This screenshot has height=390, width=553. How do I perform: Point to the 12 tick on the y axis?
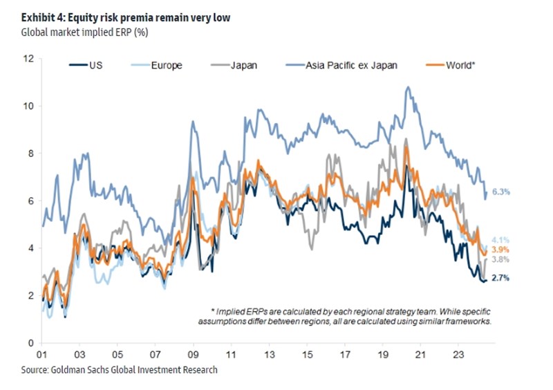tap(28, 59)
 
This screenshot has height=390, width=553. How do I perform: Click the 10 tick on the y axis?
tap(28, 106)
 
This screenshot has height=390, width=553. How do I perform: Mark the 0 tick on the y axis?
tap(31, 343)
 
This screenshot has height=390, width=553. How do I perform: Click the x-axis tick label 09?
tap(194, 352)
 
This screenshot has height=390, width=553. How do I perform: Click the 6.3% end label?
tap(500, 193)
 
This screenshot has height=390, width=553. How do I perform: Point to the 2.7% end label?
tap(500, 278)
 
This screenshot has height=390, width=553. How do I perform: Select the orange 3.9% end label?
tap(500, 249)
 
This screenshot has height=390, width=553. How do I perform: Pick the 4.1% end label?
tap(500, 239)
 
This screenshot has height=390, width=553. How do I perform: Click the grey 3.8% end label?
tap(500, 260)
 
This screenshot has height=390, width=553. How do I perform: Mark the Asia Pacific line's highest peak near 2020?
tap(408, 87)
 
